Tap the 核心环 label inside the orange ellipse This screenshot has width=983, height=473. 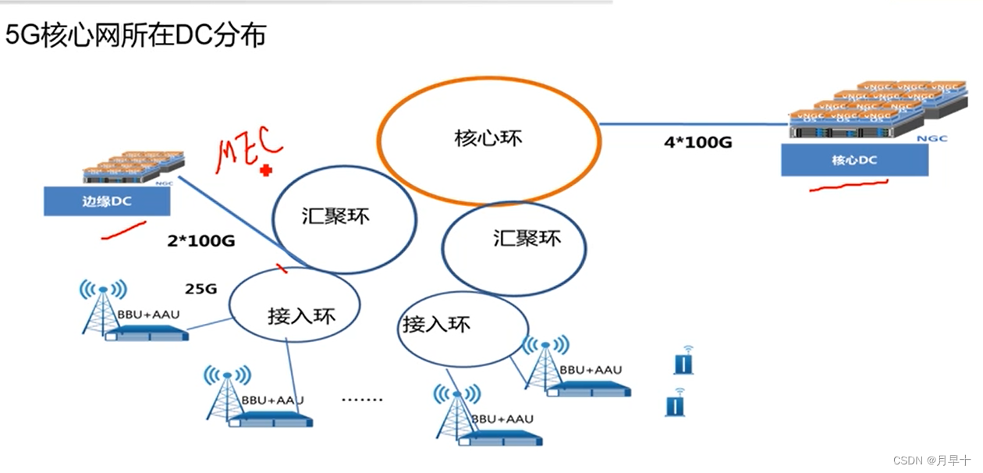click(488, 139)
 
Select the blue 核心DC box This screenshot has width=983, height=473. click(855, 161)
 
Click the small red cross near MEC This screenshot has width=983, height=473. click(266, 170)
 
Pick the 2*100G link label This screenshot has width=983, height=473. click(201, 240)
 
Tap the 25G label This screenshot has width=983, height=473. click(201, 289)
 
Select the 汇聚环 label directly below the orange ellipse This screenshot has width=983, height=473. click(527, 237)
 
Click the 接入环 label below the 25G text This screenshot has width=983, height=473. click(300, 316)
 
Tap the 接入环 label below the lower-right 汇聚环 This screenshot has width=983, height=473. click(437, 323)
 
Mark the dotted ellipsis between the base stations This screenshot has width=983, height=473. click(363, 400)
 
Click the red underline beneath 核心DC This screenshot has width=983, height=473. click(849, 186)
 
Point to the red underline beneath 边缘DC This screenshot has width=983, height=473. click(123, 228)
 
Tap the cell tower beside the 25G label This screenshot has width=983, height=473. click(102, 308)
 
